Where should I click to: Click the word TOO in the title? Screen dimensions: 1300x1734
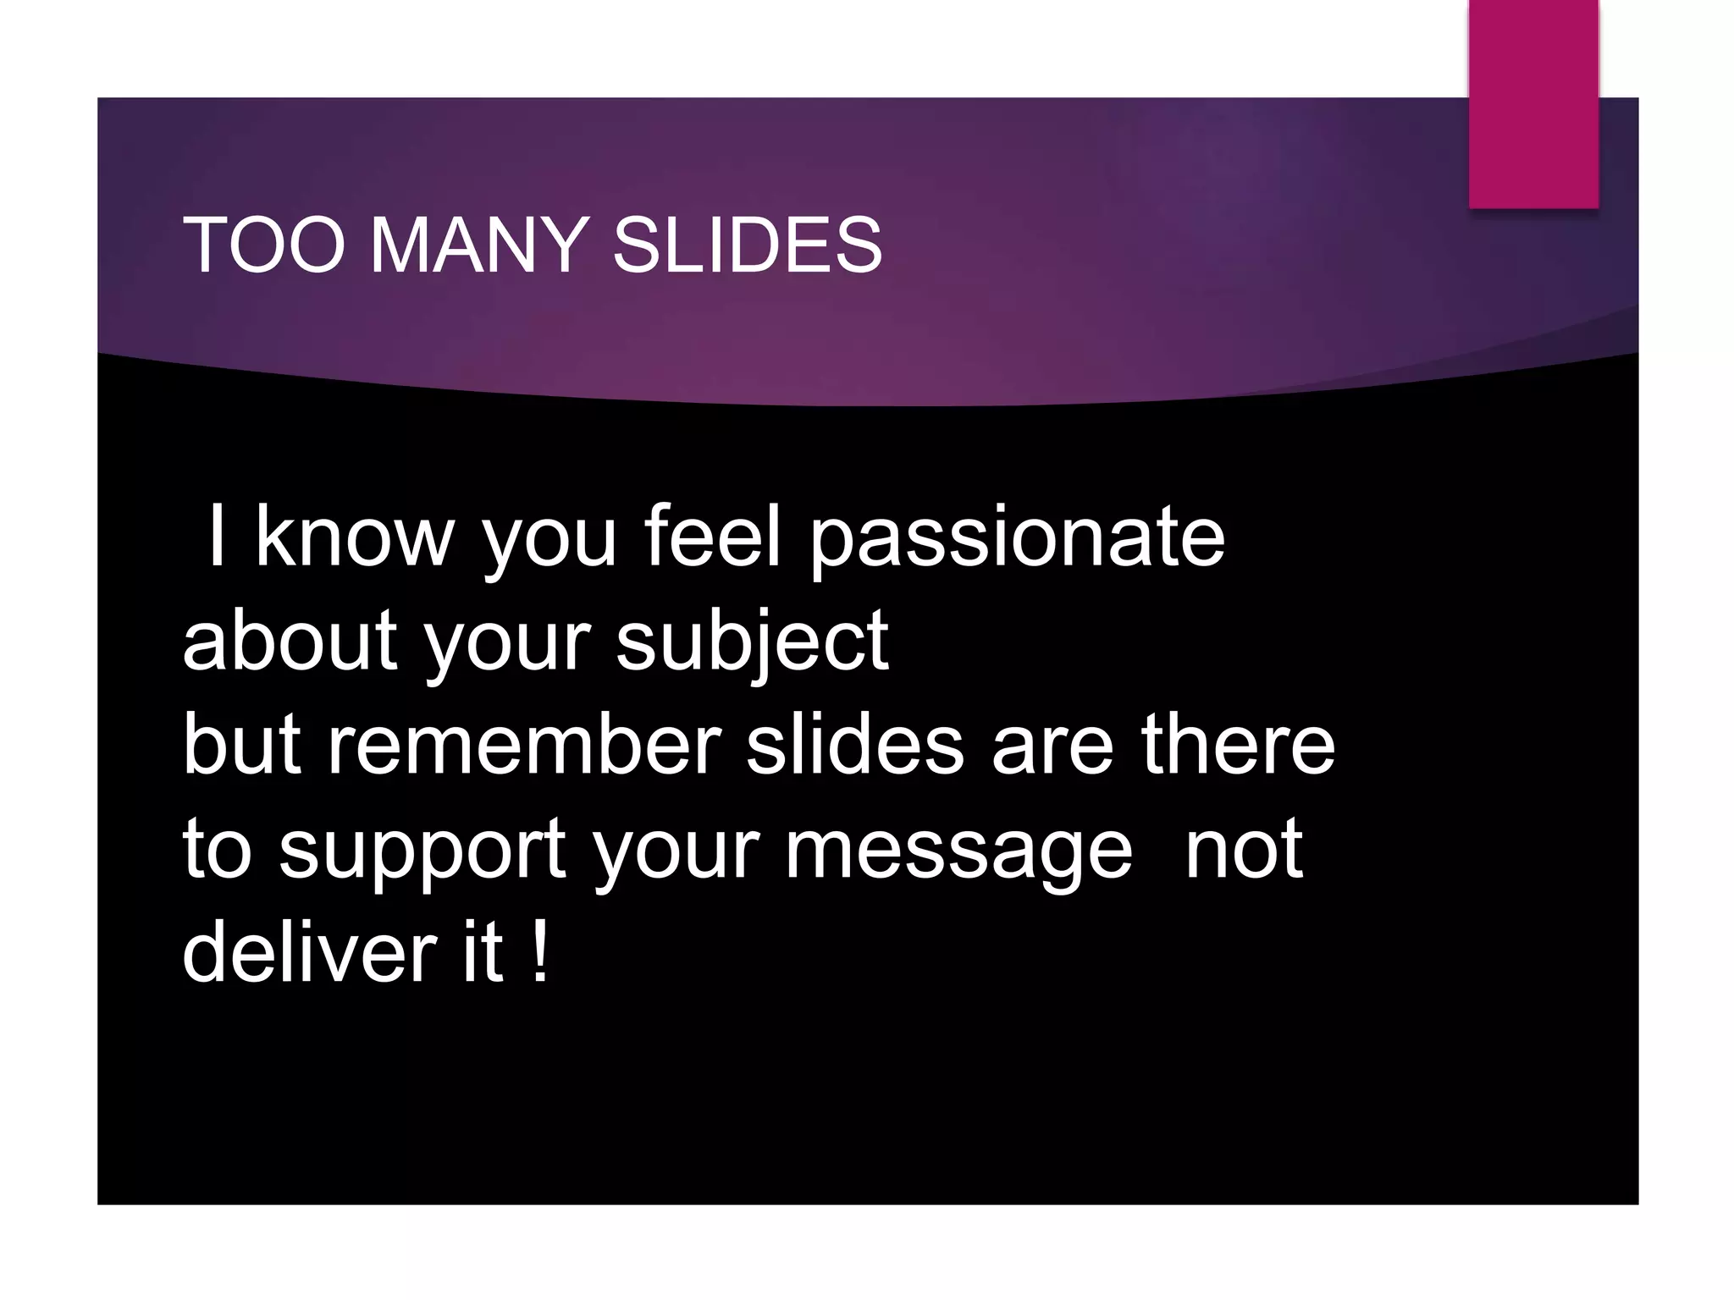(263, 245)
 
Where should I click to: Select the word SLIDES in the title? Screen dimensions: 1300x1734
(747, 245)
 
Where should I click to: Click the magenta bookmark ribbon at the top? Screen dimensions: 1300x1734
(1532, 102)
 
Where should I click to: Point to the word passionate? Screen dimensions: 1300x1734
(1017, 539)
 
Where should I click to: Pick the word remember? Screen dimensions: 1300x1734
(524, 745)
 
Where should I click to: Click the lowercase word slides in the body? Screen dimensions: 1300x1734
(854, 745)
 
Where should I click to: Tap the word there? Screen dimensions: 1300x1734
(1238, 745)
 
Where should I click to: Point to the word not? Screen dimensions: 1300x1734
(1243, 851)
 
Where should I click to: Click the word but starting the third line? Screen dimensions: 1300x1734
(242, 745)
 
